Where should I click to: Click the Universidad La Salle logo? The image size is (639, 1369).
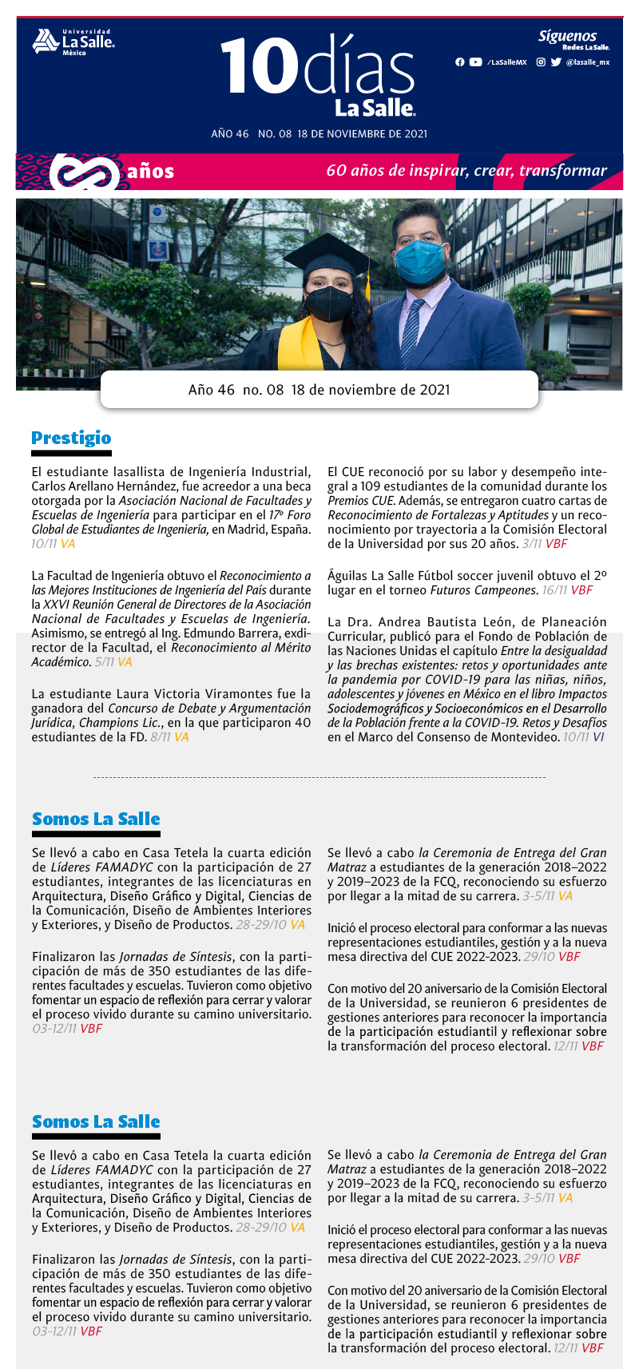pyautogui.click(x=73, y=42)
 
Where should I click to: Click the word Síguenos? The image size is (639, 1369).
pyautogui.click(x=567, y=36)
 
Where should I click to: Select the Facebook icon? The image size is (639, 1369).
pyautogui.click(x=459, y=62)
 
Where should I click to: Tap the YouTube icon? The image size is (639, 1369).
pyautogui.click(x=475, y=62)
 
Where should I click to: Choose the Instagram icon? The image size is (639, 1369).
pyautogui.click(x=541, y=62)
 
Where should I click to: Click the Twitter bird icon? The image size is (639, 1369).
pyautogui.click(x=556, y=62)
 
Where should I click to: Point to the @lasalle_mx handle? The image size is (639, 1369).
pyautogui.click(x=587, y=62)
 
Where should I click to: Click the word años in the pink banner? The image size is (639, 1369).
pyautogui.click(x=150, y=172)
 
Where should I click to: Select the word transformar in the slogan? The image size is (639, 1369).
pyautogui.click(x=563, y=171)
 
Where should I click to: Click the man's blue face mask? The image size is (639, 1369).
pyautogui.click(x=420, y=260)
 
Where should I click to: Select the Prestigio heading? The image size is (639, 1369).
pyautogui.click(x=71, y=438)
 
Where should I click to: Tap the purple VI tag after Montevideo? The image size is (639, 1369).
pyautogui.click(x=598, y=737)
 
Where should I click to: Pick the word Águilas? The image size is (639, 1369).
pyautogui.click(x=347, y=576)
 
